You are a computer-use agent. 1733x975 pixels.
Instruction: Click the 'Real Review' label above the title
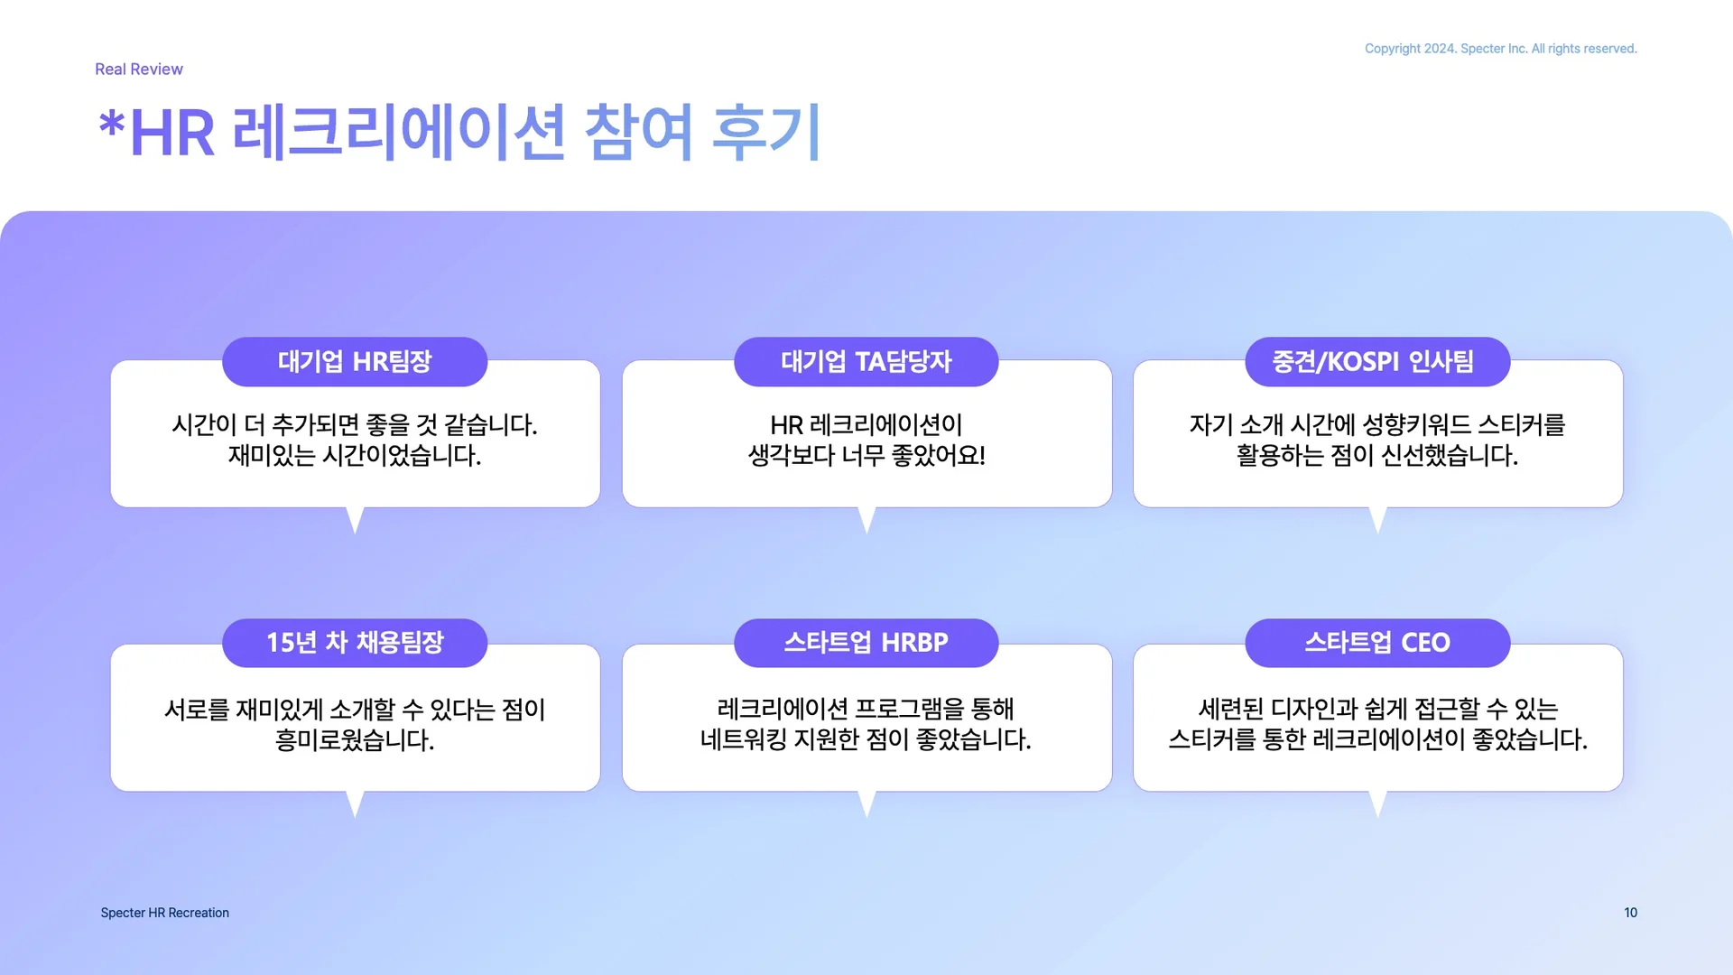[x=139, y=70]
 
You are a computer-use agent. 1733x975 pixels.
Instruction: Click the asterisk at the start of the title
[x=111, y=125]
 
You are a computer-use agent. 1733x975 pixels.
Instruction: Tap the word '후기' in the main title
[x=766, y=132]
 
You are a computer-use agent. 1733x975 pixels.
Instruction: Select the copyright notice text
[x=1500, y=49]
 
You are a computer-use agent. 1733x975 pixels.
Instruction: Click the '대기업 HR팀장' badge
[x=355, y=362]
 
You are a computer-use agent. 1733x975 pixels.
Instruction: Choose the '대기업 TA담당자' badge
[x=866, y=362]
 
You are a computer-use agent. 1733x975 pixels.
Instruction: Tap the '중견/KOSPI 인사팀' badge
[x=1376, y=362]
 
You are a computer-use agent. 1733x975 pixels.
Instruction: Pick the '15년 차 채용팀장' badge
[x=355, y=643]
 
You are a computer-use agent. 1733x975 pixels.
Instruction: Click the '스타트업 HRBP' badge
[x=866, y=643]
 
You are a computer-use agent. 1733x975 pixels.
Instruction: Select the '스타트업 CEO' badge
[x=1376, y=643]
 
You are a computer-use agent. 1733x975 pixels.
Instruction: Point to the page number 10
[x=1630, y=913]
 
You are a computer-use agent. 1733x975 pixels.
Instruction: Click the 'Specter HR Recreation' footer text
[x=165, y=913]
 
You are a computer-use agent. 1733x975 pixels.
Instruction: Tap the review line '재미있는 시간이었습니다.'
[x=355, y=455]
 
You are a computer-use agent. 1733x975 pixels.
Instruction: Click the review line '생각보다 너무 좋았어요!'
[x=866, y=455]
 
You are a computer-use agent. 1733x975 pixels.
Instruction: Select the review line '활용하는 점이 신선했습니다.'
[x=1376, y=455]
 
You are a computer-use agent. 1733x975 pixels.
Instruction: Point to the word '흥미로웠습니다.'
[x=355, y=740]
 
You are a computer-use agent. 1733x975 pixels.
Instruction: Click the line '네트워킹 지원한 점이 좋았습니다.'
[x=866, y=740]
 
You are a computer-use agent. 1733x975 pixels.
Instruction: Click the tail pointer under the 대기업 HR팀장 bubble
[x=355, y=519]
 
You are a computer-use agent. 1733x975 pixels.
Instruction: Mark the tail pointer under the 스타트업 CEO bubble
[x=1377, y=803]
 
